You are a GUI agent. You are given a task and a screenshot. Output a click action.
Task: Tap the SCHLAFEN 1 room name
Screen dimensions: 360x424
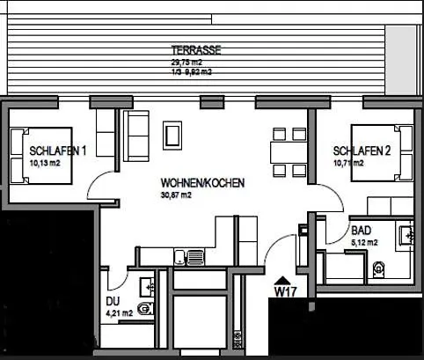pyautogui.click(x=57, y=150)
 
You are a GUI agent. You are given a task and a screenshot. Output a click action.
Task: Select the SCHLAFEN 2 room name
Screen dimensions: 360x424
pyautogui.click(x=362, y=151)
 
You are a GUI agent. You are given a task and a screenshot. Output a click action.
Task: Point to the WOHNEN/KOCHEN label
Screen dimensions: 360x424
pyautogui.click(x=202, y=183)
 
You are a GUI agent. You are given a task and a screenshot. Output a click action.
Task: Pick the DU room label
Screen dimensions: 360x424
pyautogui.click(x=112, y=300)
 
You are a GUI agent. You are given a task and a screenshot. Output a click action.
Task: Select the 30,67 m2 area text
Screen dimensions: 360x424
pyautogui.click(x=176, y=195)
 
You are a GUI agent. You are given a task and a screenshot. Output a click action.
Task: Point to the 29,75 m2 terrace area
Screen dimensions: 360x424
pyautogui.click(x=186, y=62)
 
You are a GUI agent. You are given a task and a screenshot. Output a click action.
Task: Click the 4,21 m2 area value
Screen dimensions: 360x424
pyautogui.click(x=119, y=312)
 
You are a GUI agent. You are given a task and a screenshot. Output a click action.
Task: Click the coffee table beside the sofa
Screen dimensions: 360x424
pyautogui.click(x=173, y=136)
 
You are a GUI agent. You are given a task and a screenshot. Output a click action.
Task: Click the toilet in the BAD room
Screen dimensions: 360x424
pyautogui.click(x=380, y=268)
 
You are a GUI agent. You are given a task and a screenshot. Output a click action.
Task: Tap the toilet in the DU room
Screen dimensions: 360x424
pyautogui.click(x=146, y=308)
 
